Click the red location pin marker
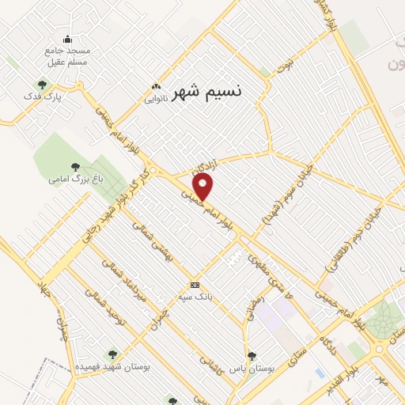204,187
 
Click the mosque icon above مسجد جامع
67,40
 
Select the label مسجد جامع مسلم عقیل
67,55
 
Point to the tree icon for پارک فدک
42,85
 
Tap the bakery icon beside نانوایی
157,86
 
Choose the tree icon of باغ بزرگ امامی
75,167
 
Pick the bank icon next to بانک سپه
195,285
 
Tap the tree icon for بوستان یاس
252,356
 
